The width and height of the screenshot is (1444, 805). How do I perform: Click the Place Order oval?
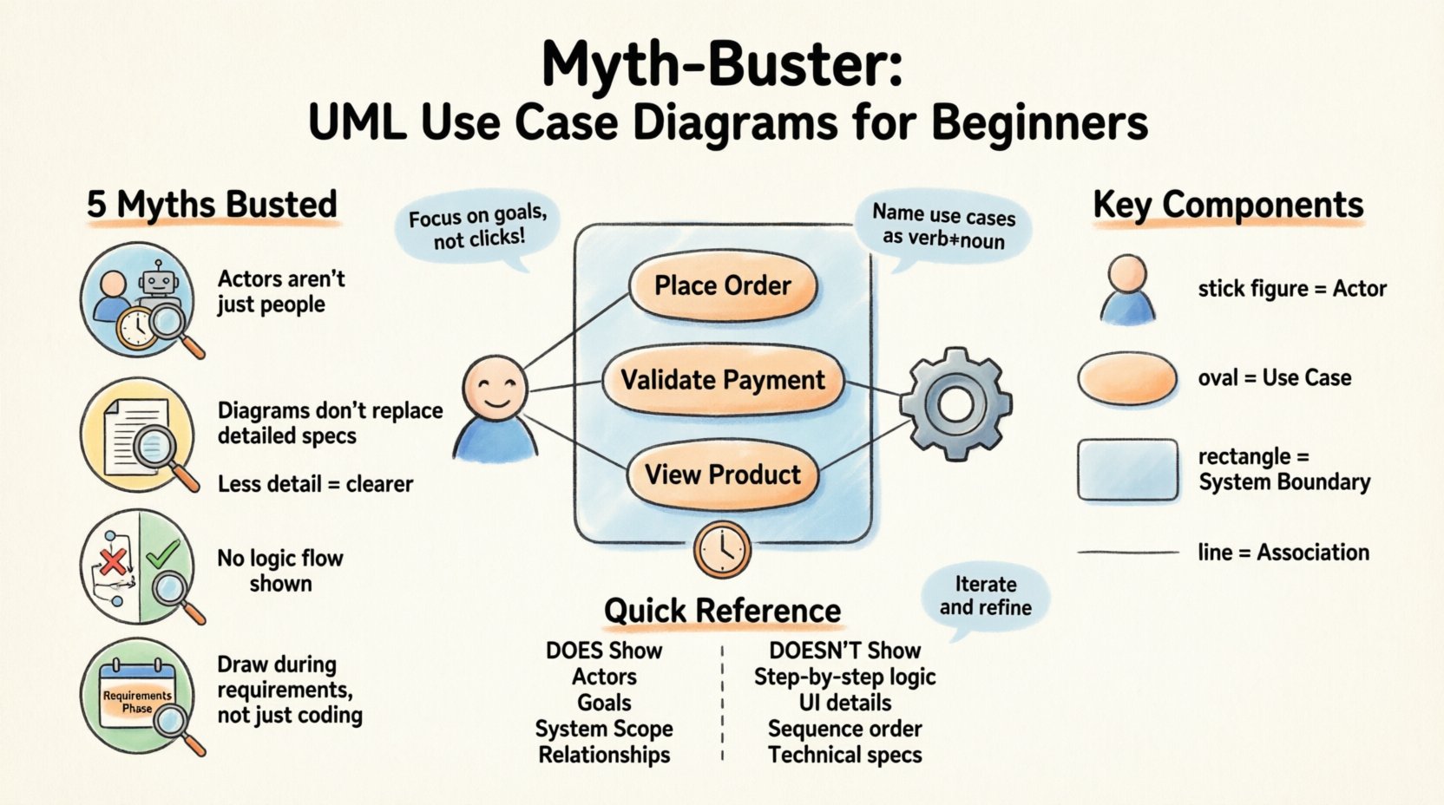pos(722,286)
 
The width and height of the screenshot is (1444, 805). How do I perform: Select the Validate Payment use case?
pos(722,380)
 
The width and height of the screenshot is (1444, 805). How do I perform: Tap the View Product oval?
pos(722,474)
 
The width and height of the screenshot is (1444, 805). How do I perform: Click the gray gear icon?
pos(955,404)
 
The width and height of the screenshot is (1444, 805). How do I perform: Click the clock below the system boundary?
pos(721,549)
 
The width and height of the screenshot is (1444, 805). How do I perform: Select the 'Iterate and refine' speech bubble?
pos(985,597)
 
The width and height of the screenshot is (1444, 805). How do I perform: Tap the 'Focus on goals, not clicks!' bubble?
pos(478,227)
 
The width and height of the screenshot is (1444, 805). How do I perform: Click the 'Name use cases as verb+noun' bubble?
pos(943,226)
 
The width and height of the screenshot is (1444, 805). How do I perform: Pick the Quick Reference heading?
pos(722,611)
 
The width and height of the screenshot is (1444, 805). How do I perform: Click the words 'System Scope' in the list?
pos(604,729)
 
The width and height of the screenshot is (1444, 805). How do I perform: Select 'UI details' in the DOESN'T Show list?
pos(844,703)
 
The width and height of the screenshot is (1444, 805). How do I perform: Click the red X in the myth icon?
pos(113,562)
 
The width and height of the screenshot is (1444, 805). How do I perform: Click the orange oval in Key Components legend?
pos(1127,378)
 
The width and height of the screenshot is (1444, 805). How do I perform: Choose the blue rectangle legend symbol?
pos(1127,469)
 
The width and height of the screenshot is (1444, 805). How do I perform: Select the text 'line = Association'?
pos(1283,553)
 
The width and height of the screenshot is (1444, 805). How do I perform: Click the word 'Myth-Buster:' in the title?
pos(722,64)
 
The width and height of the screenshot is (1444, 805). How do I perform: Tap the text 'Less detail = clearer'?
pos(315,484)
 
